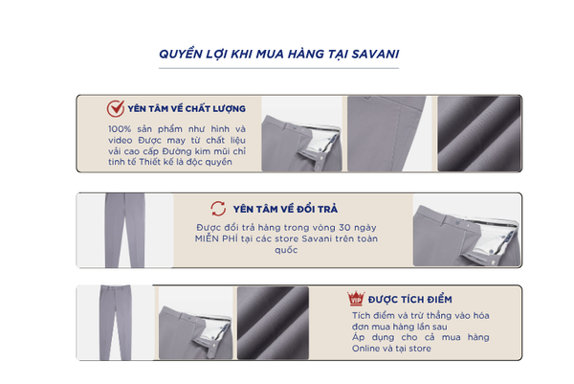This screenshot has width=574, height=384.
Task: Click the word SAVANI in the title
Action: coord(375,54)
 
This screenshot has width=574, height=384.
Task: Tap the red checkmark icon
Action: coord(116,108)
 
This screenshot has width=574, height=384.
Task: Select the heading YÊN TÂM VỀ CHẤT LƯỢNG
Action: coord(187,109)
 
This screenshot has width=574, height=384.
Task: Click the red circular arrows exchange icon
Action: coord(218,209)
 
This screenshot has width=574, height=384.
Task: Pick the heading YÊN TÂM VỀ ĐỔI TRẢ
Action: coord(285,209)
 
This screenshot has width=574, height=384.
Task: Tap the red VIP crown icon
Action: coord(356,299)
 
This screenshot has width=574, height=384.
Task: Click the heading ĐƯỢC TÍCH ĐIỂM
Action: coord(410,300)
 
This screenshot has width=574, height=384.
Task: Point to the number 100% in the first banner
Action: coord(120,129)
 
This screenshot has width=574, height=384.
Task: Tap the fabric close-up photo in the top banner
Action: coord(479,134)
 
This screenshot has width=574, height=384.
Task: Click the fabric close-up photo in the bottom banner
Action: coord(273,323)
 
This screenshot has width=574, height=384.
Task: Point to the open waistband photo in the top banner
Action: coord(301,134)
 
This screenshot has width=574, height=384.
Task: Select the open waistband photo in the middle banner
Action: coord(467,230)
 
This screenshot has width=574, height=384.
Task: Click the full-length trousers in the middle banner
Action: coord(124,230)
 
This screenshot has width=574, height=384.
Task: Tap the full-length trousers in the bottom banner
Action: coord(116,323)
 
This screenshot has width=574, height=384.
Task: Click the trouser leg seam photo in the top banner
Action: coord(390,134)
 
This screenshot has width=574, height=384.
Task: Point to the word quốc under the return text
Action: coord(286,250)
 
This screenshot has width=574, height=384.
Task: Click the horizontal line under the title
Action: coord(278,68)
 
